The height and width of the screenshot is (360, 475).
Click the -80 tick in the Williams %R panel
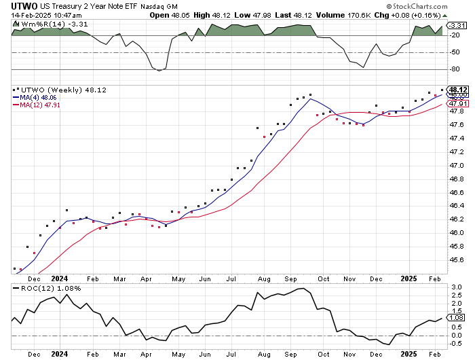[456, 69]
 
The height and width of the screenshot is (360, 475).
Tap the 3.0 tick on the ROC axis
[456, 287]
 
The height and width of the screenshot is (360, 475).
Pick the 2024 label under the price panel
[60, 278]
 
